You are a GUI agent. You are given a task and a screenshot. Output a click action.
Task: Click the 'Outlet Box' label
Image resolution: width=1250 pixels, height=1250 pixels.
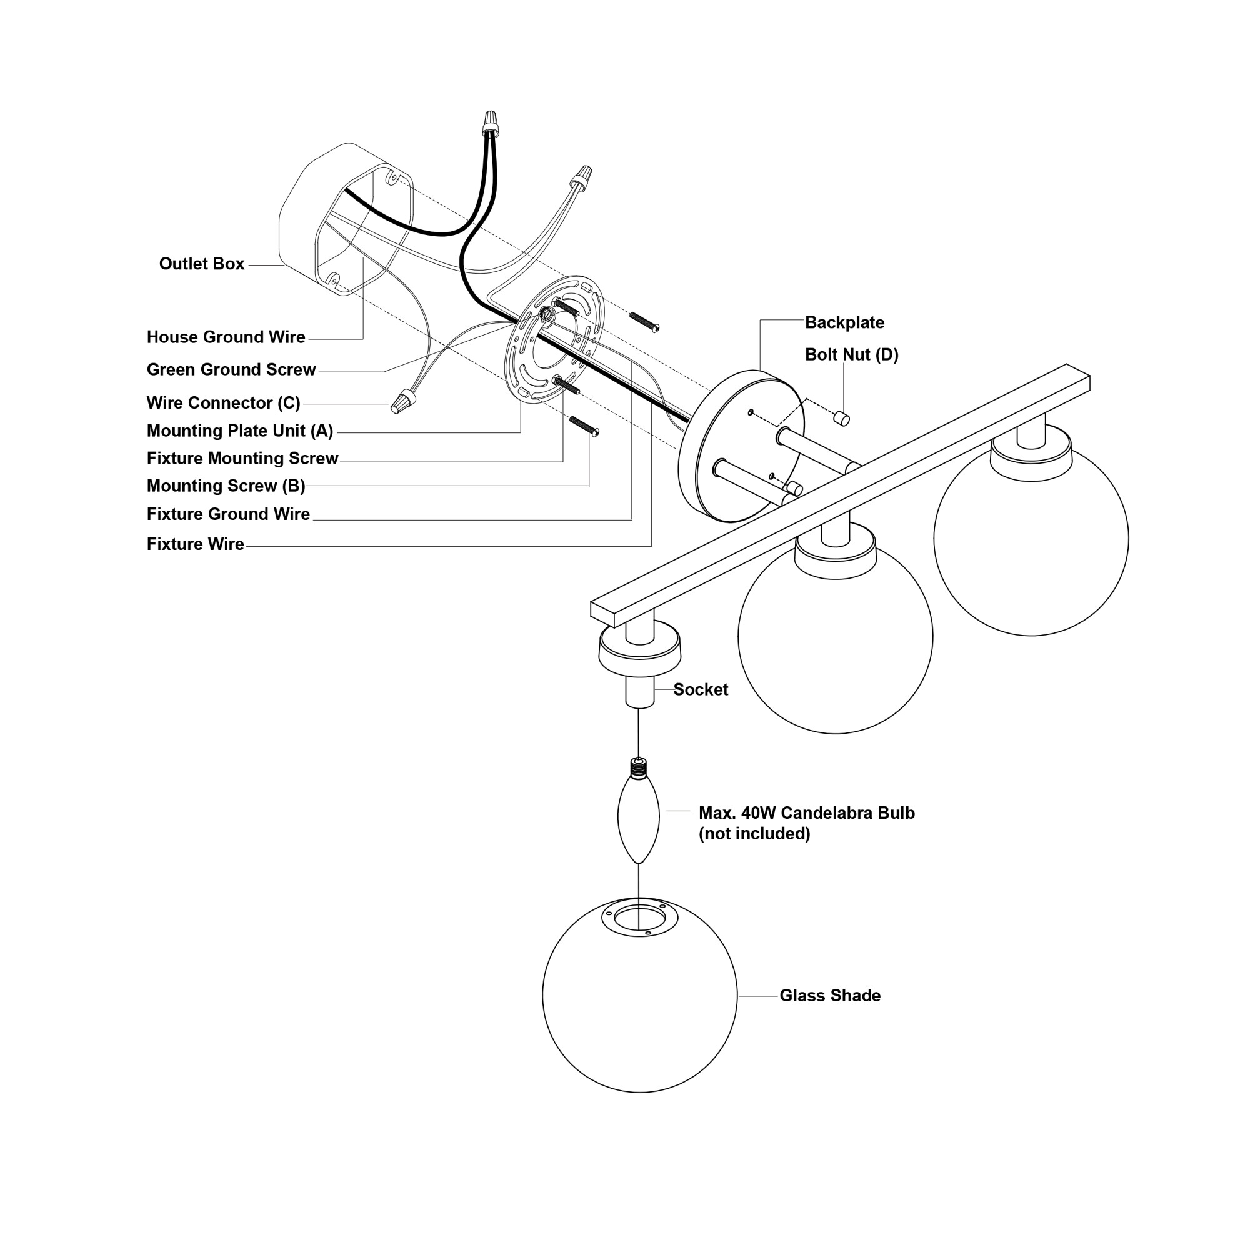(x=202, y=264)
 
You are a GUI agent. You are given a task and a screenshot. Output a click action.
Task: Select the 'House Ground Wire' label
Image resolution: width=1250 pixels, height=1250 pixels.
(x=226, y=337)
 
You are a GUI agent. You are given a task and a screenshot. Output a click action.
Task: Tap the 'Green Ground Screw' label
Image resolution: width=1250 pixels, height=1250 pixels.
(x=232, y=369)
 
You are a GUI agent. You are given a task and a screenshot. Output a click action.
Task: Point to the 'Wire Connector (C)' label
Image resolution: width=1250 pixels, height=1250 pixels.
(x=224, y=403)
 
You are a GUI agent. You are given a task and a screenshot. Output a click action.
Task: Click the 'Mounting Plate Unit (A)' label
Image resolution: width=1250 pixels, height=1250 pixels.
(x=240, y=431)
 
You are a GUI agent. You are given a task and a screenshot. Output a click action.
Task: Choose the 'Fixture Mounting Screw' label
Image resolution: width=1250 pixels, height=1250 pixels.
(x=242, y=459)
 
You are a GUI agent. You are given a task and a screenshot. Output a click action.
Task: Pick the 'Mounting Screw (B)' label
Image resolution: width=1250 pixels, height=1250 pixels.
(x=226, y=486)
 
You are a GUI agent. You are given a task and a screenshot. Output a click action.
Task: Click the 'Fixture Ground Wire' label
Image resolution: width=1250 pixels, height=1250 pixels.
(x=228, y=514)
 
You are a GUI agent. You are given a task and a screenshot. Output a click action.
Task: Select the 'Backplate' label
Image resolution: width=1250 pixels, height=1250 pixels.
(x=844, y=323)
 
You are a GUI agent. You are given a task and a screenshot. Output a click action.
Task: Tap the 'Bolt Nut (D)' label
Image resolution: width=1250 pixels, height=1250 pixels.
(x=851, y=355)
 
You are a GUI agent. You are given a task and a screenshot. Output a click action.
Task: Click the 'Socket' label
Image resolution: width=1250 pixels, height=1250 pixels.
(x=701, y=690)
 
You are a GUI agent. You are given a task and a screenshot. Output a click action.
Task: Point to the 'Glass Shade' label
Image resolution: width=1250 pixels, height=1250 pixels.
(x=830, y=995)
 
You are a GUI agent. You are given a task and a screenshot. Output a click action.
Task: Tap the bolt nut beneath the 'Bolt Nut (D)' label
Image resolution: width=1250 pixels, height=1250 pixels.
(x=842, y=418)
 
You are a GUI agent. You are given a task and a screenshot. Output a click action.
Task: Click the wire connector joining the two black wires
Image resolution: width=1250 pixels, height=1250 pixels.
(x=491, y=123)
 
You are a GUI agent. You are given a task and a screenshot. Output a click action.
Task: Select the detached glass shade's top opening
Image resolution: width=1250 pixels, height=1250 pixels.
(x=639, y=919)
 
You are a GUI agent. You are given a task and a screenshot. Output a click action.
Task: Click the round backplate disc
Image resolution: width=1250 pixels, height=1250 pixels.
(x=741, y=446)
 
